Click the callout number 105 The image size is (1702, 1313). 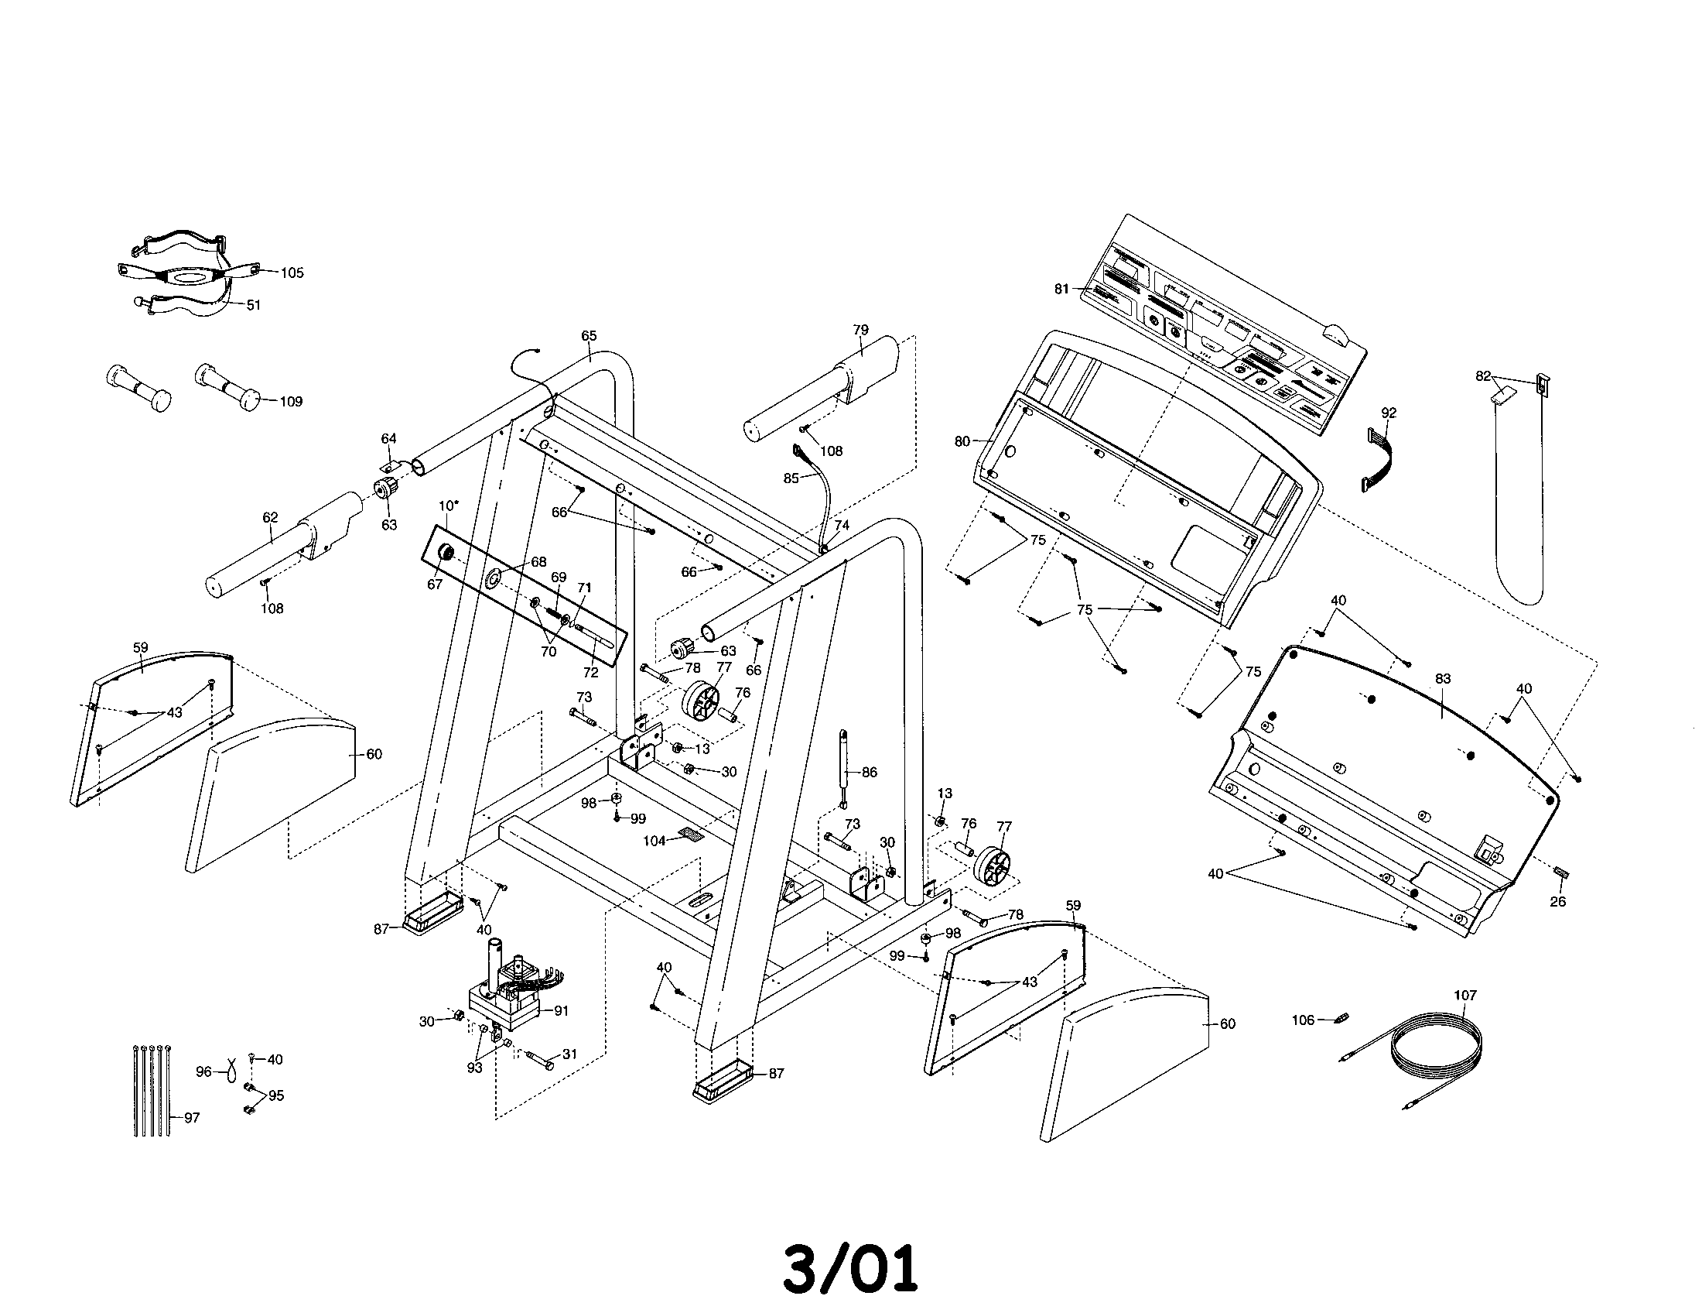tap(292, 273)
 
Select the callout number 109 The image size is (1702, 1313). tap(291, 402)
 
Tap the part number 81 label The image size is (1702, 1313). tap(1061, 290)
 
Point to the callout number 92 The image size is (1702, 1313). tap(1389, 413)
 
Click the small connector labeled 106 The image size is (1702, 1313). tap(1342, 1018)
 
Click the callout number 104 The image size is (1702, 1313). tap(654, 841)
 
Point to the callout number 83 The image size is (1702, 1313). tap(1443, 679)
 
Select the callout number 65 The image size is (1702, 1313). tap(590, 336)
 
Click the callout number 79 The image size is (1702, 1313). tap(860, 330)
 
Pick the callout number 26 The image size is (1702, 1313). tap(1557, 901)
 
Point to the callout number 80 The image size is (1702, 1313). tap(962, 441)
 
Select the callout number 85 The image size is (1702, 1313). tap(791, 478)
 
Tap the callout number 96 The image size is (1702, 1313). tap(203, 1072)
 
